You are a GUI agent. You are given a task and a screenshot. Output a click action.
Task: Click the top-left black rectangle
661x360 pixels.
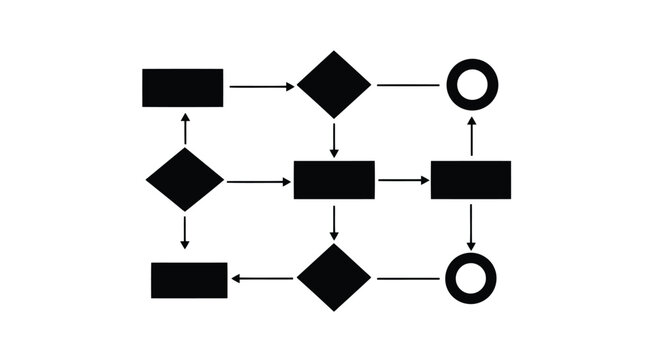[x=182, y=87]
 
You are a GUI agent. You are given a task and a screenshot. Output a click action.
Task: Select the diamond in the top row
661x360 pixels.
[x=334, y=84]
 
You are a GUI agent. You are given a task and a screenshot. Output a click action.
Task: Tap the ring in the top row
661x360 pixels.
[x=472, y=84]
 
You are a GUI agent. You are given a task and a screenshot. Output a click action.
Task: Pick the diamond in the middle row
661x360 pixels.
[x=185, y=180]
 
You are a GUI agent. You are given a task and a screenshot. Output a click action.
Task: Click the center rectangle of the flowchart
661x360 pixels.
[x=334, y=180]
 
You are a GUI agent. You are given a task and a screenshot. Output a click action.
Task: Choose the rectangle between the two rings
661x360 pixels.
[x=471, y=180]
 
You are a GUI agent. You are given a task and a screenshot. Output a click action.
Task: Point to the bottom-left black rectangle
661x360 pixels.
[x=189, y=280]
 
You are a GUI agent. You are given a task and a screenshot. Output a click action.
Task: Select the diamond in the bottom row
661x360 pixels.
[x=334, y=277]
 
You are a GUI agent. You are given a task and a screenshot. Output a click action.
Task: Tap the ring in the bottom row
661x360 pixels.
[x=470, y=278]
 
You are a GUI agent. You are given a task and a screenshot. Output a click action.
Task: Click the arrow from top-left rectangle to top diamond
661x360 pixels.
[x=262, y=87]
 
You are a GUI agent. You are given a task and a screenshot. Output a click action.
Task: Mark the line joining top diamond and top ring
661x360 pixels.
[x=407, y=85]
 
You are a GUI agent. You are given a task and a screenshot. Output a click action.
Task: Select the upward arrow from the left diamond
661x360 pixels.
[x=185, y=129]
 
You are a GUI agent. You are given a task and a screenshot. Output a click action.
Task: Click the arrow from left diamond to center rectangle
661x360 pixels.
[x=258, y=182]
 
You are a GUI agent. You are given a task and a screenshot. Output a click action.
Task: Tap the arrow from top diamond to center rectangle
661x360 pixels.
[x=334, y=138]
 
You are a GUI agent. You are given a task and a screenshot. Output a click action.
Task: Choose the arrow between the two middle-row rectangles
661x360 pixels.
[x=403, y=181]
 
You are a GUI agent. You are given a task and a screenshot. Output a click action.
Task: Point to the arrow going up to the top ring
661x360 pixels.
[x=472, y=135]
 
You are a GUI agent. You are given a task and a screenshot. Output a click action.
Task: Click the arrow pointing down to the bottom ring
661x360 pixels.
[x=471, y=226]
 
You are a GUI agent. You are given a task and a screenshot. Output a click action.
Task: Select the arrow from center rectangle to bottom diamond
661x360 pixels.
[x=334, y=222]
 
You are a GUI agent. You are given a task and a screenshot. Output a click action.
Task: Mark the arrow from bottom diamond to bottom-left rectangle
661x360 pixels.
[x=264, y=279]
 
